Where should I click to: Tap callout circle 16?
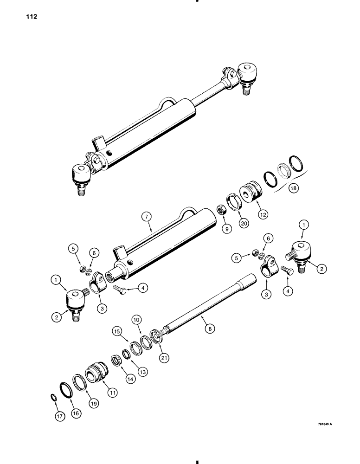coord(73,411)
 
